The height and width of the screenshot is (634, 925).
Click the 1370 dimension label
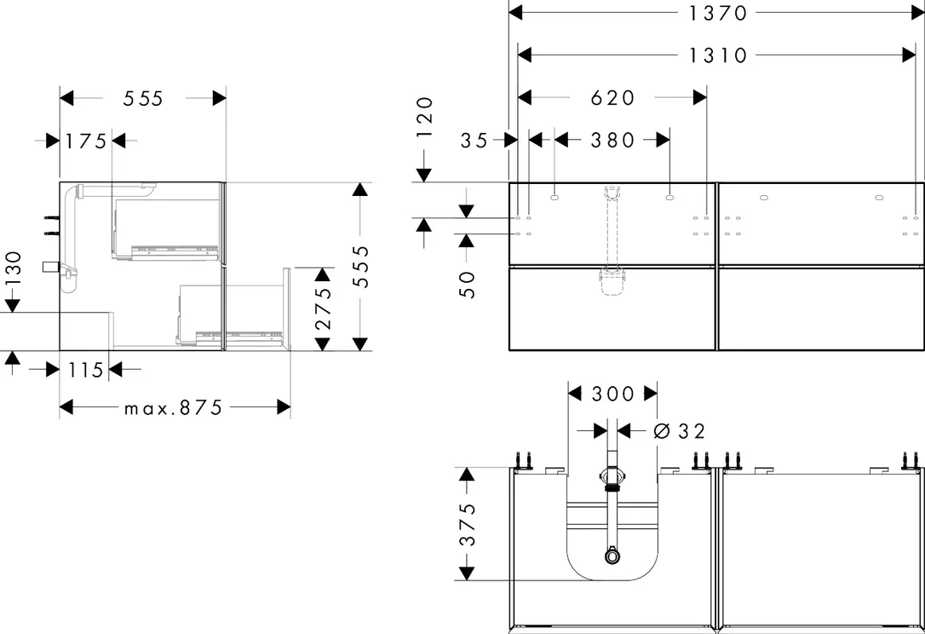(718, 13)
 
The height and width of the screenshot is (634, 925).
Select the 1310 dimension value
(718, 55)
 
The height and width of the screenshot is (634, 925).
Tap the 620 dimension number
(613, 97)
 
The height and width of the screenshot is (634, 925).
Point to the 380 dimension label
(613, 140)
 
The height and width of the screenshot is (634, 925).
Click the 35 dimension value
(474, 141)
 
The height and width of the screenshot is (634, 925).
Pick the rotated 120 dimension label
(425, 118)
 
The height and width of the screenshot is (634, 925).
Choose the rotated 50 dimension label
(467, 285)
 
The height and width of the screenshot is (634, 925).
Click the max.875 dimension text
(174, 407)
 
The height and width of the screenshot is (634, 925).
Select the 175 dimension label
(86, 141)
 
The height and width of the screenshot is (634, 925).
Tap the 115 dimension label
(86, 370)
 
